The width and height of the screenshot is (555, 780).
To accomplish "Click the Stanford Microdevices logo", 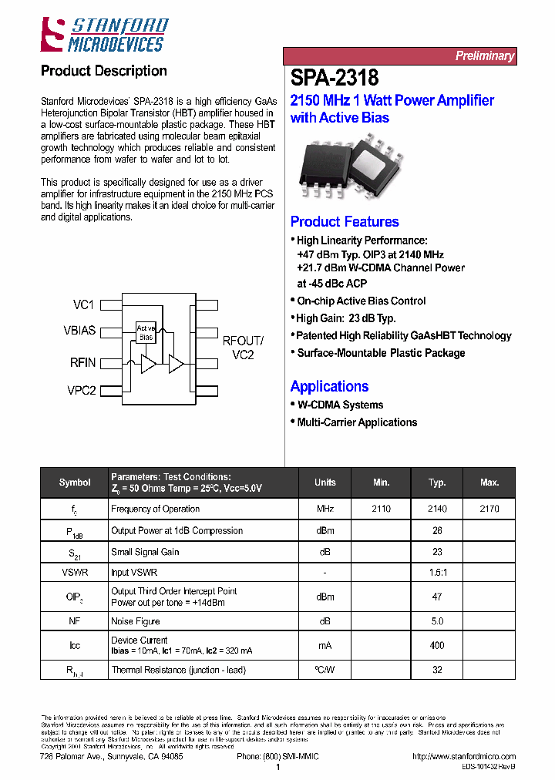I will pos(103,35).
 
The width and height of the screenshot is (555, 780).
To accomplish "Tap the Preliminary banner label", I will pos(483,55).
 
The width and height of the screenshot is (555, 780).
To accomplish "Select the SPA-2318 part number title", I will pos(335,79).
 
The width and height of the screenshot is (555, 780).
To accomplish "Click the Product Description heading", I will pos(103,71).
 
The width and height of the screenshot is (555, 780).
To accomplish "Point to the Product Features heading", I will pos(345,222).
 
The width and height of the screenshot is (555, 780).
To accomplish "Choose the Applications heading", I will pos(329,387).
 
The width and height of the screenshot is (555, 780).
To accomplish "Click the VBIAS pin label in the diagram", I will pos(79,331).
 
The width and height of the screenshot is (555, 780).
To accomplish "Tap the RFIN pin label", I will pos(82,362).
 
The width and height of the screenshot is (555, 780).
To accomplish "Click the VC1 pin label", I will pos(83,305).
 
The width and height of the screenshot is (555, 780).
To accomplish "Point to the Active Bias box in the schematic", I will pos(146,333).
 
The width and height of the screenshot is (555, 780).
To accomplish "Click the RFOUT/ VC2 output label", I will pos(243,348).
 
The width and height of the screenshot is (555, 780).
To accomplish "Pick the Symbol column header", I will pos(75,482).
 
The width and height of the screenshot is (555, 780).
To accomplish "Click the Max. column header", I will pos(489,482).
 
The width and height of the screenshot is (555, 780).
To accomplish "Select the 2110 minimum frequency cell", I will pos(381,509).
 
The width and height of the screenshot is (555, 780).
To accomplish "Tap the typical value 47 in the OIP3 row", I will pos(437,597).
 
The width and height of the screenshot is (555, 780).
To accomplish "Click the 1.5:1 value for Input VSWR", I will pos(437,573).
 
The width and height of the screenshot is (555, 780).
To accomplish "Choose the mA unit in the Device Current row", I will pos(325,645).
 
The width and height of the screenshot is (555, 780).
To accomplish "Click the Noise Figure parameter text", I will pos(136,621).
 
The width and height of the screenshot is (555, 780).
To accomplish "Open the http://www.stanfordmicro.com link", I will pos(464,757).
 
